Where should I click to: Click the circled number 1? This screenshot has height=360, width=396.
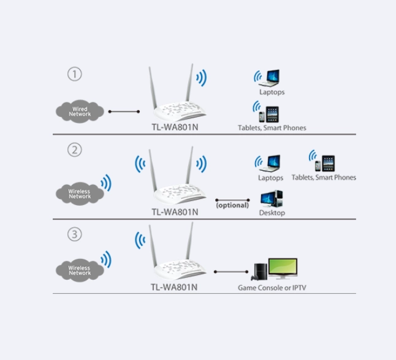75,74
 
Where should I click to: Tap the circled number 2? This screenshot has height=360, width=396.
75,150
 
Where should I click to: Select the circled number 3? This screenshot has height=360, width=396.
75,234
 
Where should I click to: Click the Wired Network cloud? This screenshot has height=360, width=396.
80,111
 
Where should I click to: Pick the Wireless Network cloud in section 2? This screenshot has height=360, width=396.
80,193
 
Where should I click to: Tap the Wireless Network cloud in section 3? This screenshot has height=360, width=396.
80,270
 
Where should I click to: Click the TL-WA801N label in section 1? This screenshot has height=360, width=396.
175,127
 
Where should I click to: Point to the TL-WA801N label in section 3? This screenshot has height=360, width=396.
174,287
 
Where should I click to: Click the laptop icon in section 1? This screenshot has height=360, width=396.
270,78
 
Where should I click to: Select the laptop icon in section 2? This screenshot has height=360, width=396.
271,163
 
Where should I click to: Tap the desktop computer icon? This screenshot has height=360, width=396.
272,199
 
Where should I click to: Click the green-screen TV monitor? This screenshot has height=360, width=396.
283,269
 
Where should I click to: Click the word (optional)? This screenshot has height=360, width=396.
232,205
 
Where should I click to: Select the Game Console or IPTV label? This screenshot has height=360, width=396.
272,288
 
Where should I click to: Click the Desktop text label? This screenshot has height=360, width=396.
272,212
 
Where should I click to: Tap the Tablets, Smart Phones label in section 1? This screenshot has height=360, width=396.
272,128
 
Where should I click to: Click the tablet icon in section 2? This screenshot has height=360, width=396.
329,163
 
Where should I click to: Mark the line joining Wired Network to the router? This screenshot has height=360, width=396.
124,111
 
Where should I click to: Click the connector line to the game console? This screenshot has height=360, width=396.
231,272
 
